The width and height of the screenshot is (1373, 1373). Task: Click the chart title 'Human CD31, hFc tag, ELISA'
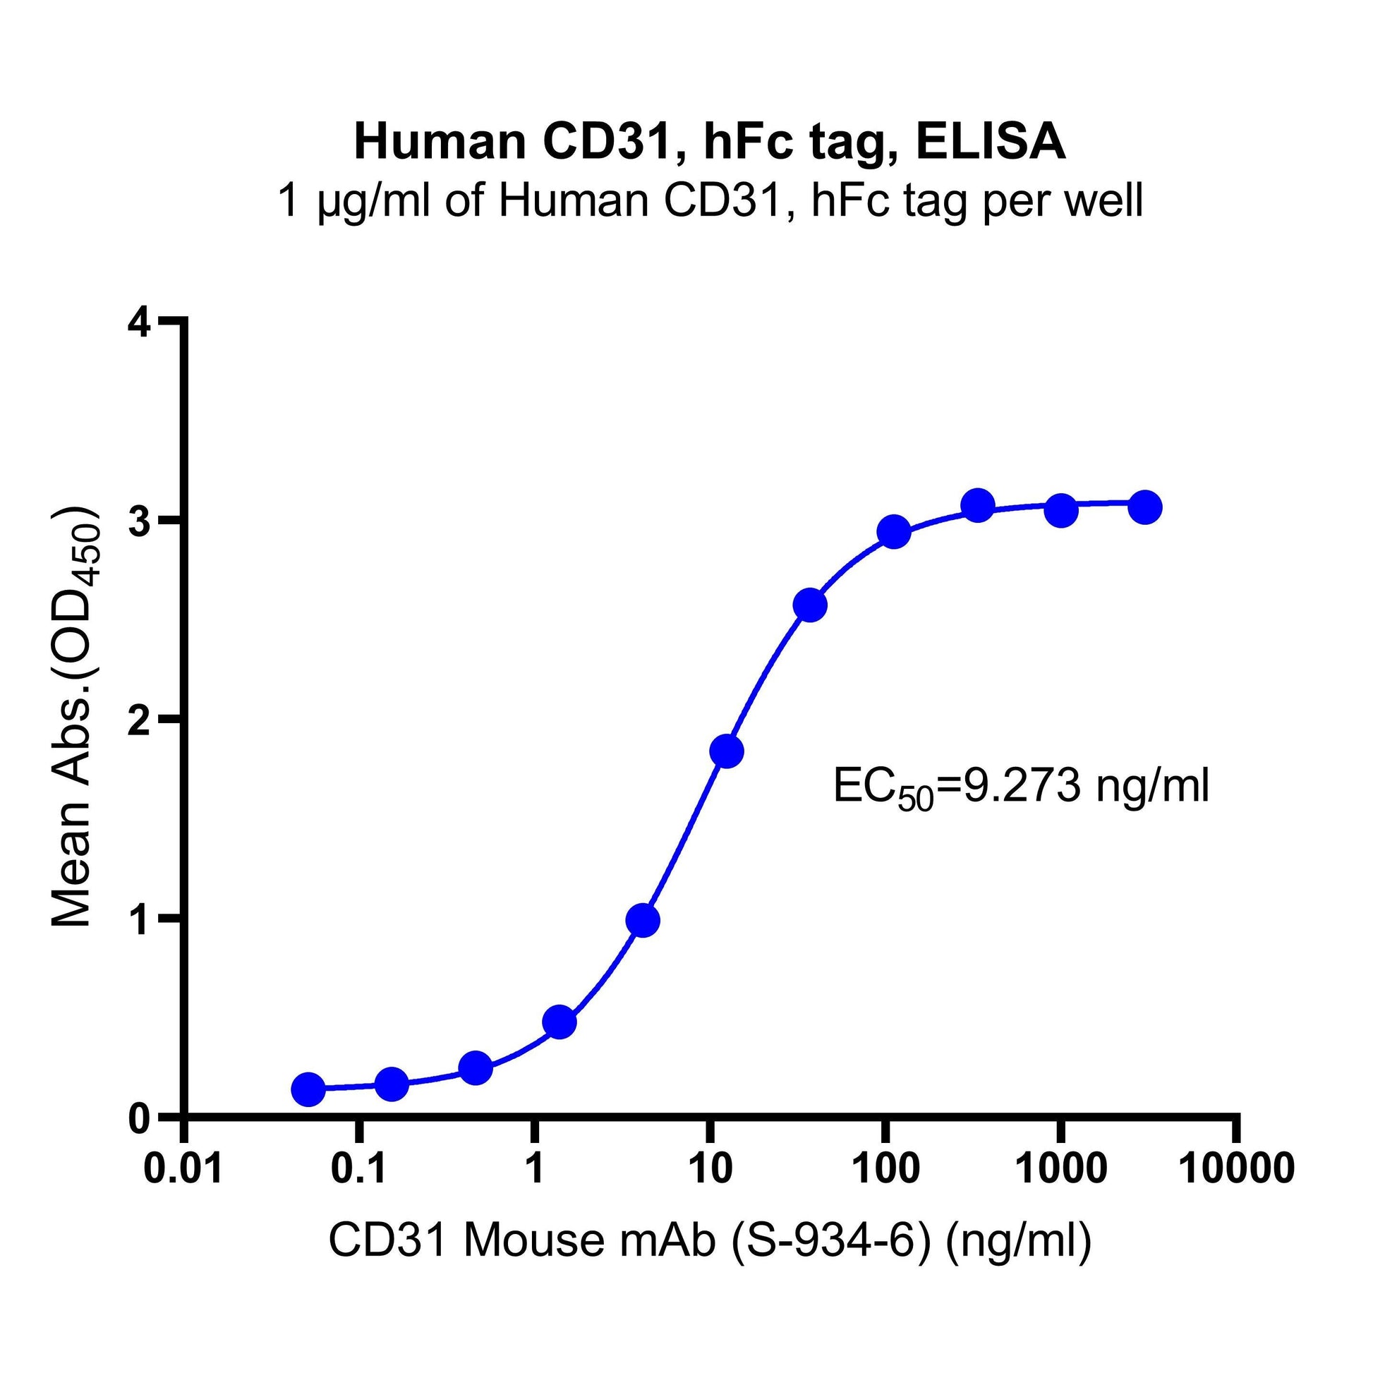[709, 141]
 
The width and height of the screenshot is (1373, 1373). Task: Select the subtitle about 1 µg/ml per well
[709, 201]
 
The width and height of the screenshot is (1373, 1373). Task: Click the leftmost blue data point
[308, 1089]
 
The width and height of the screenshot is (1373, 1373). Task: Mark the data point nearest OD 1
[643, 921]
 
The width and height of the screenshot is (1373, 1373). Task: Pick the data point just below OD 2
[726, 751]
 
